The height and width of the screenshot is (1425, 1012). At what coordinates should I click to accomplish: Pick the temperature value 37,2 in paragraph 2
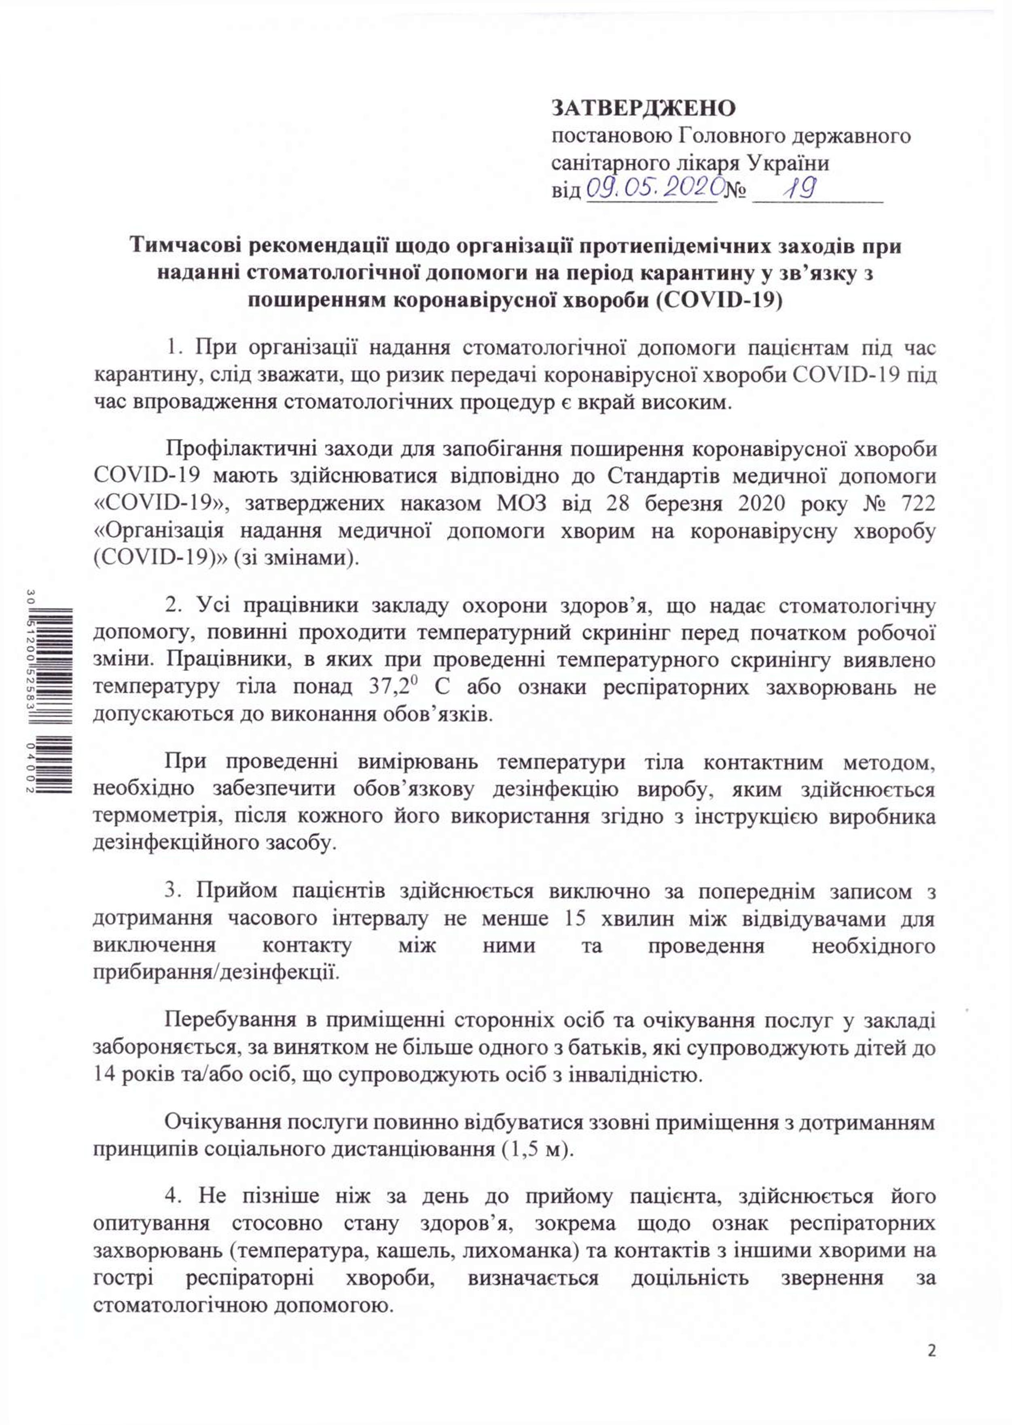pos(379,687)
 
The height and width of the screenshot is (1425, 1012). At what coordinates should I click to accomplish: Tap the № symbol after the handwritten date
pos(735,189)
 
